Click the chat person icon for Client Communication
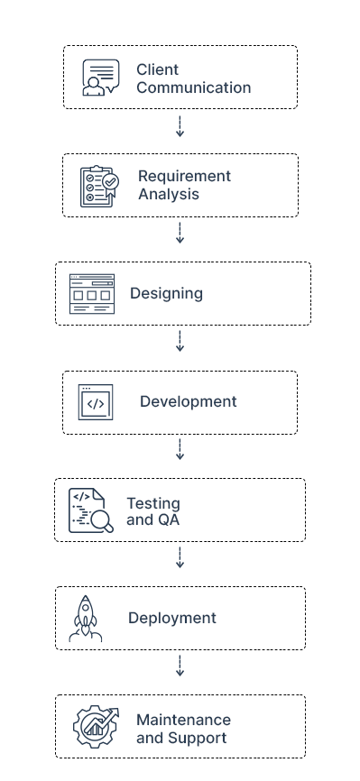coord(100,77)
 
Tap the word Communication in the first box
coord(193,88)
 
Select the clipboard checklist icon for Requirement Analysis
coord(99,186)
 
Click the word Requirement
coord(184,176)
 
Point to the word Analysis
coord(169,194)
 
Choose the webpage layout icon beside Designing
coord(92,294)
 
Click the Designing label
coord(166,294)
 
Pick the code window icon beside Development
coord(96,402)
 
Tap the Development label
coord(188,402)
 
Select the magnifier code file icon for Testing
coord(91,510)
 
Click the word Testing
coord(152,503)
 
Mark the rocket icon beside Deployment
coord(86,619)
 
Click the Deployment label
coord(172,619)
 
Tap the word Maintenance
coord(183,720)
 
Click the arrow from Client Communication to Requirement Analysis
coord(180,127)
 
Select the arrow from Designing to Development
coord(180,342)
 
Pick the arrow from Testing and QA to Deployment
coord(180,558)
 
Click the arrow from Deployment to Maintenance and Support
coord(180,666)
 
